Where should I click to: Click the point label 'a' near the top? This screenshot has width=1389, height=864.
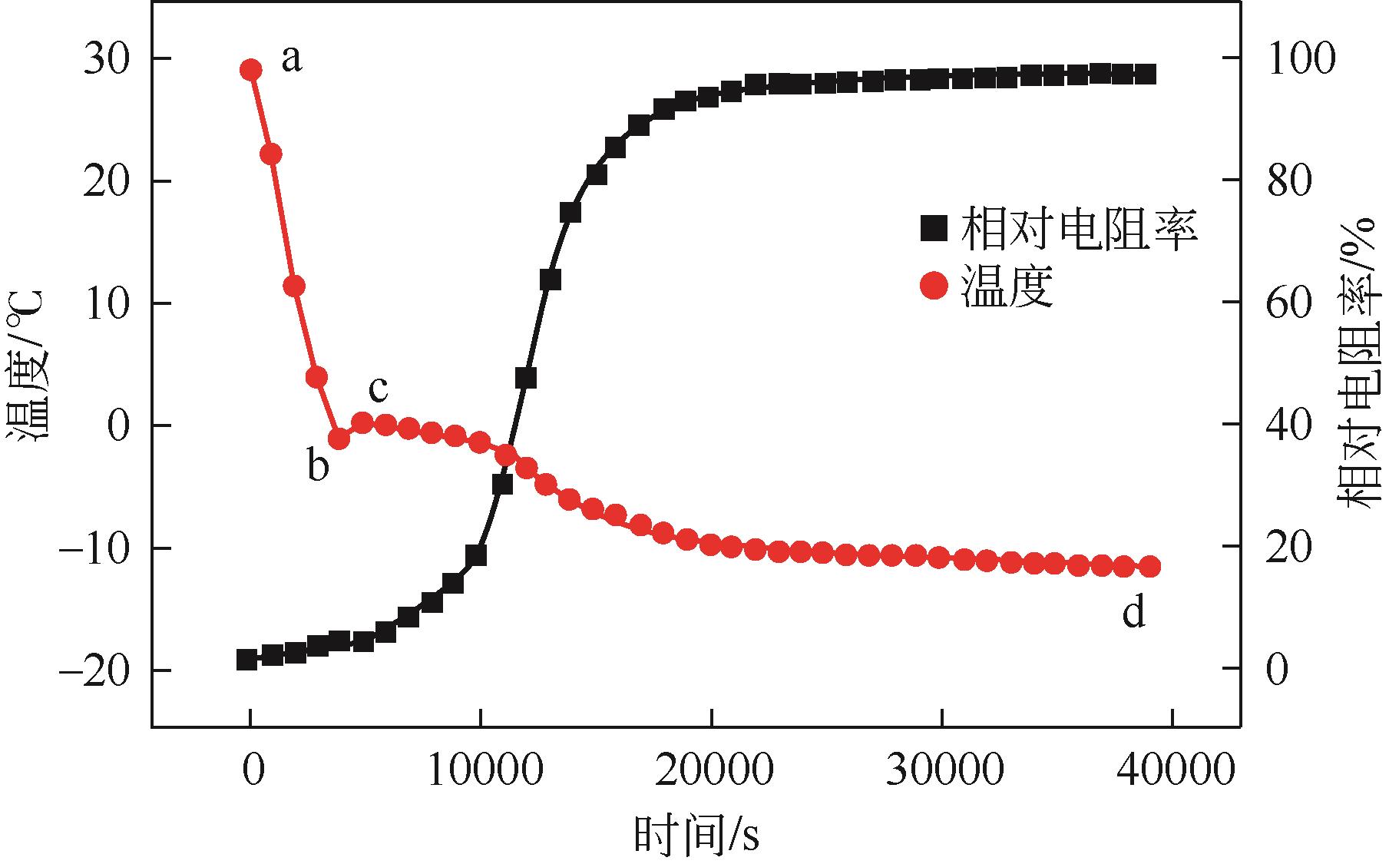click(291, 59)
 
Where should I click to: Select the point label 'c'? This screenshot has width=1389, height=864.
click(378, 389)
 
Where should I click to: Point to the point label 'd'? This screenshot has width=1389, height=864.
click(1134, 612)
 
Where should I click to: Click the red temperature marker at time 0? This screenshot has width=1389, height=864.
click(250, 70)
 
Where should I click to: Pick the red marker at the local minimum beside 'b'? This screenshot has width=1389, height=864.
click(339, 439)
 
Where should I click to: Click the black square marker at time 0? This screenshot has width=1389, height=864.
click(246, 660)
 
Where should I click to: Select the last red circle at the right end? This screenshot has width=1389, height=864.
click(1149, 567)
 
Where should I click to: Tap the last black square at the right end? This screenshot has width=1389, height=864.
click(1147, 74)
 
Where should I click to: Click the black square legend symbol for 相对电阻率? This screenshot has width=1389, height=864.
click(934, 227)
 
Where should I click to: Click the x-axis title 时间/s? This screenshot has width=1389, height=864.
click(696, 836)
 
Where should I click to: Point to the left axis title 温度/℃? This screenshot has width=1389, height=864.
click(29, 365)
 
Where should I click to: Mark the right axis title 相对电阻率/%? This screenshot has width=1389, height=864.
click(1360, 361)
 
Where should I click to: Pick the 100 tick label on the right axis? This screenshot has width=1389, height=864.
click(1301, 58)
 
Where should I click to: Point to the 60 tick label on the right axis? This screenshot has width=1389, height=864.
click(1288, 303)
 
